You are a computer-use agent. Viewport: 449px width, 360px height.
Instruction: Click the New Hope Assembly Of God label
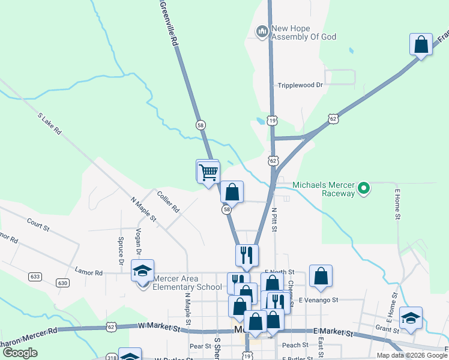coord(303,32)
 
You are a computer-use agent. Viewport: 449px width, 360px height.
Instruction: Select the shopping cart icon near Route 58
coord(208,172)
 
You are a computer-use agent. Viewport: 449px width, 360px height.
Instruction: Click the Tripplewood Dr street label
coord(300,85)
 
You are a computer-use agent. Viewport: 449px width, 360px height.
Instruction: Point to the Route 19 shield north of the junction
coord(273,121)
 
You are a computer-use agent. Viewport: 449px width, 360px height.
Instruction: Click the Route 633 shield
coord(35,277)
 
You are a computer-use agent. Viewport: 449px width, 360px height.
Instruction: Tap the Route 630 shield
coord(62,282)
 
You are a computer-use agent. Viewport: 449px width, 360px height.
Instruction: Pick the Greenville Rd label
coord(168,24)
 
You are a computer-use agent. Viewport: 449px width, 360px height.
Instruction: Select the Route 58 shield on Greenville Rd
coord(200,125)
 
